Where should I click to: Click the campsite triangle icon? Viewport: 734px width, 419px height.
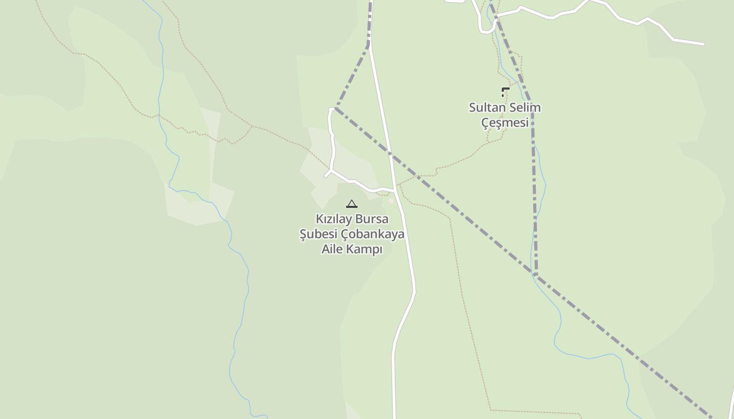click(x=352, y=204)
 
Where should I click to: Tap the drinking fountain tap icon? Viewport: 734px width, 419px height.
click(x=505, y=92)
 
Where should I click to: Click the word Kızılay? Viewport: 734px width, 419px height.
click(x=333, y=219)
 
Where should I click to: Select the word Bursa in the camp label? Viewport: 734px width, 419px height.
click(x=372, y=219)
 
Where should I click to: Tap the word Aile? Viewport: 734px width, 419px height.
click(x=332, y=249)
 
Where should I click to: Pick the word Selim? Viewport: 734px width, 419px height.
click(x=524, y=108)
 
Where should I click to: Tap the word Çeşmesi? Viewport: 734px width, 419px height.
click(x=505, y=123)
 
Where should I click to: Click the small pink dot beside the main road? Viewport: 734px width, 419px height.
click(x=391, y=201)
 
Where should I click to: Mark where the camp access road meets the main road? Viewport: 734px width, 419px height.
click(x=395, y=191)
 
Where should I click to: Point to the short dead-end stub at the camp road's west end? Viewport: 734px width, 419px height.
click(x=326, y=175)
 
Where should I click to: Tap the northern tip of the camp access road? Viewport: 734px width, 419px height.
click(x=331, y=109)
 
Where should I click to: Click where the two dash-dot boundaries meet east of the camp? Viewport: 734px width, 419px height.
click(x=535, y=274)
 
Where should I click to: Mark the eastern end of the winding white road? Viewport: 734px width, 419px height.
click(x=703, y=44)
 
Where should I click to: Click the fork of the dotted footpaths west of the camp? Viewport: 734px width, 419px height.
click(x=252, y=126)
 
